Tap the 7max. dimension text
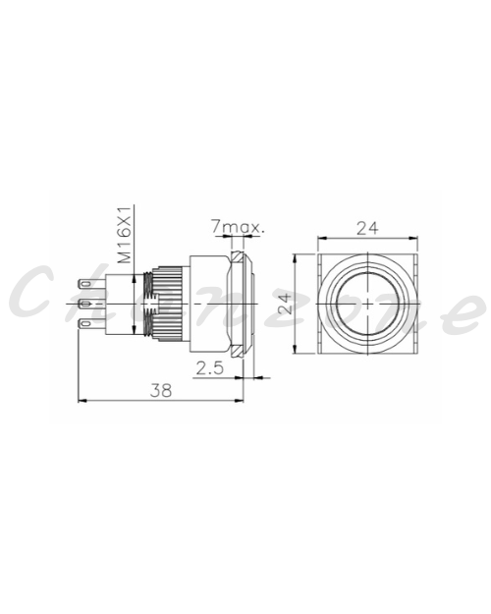[x=238, y=227]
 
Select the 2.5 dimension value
[x=209, y=368]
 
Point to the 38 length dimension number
[x=161, y=390]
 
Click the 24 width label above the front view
[x=367, y=228]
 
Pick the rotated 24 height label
[x=287, y=304]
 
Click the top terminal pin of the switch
[x=92, y=283]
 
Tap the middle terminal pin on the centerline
[x=92, y=304]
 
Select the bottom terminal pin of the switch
[x=92, y=324]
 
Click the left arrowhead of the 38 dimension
[x=82, y=401]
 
